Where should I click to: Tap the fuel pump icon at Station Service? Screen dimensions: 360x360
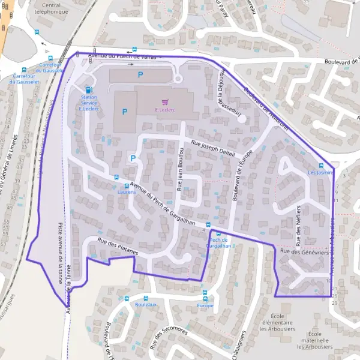pos(89,90)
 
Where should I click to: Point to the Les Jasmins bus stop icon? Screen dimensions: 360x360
pos(321,166)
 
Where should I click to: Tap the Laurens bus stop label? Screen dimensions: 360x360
pos(127,192)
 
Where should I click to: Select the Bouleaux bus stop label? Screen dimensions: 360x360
pos(146,305)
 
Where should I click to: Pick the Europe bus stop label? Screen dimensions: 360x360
pos(205,305)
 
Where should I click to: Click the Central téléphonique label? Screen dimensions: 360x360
pos(52,8)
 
